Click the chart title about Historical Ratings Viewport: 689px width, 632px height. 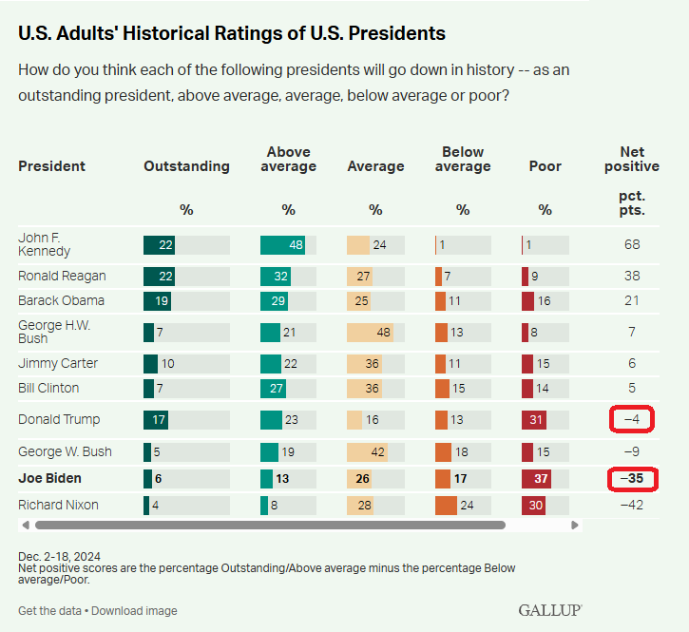[x=232, y=33]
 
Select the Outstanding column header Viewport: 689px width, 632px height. [x=186, y=166]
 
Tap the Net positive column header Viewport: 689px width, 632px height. [x=632, y=159]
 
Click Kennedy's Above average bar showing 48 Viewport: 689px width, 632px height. [x=283, y=244]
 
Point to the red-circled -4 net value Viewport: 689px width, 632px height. [x=632, y=419]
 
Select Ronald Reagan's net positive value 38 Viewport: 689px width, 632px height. [x=632, y=277]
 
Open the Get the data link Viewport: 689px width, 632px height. [x=49, y=610]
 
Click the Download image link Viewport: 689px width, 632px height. [x=135, y=610]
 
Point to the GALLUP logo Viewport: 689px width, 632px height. [x=550, y=609]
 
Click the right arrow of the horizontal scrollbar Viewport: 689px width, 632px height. [x=574, y=525]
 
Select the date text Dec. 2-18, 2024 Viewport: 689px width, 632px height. [x=59, y=555]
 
